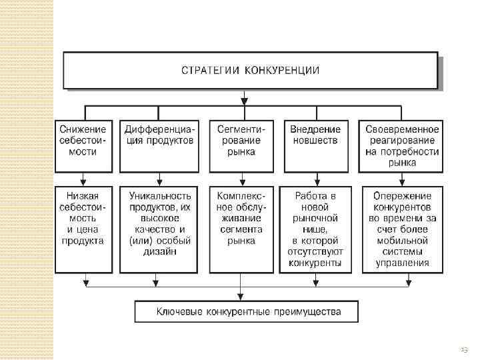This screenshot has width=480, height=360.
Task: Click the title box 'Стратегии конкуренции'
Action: click(251, 70)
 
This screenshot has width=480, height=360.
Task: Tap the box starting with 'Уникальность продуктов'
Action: click(159, 229)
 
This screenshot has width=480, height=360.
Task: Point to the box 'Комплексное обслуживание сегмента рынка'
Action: click(241, 229)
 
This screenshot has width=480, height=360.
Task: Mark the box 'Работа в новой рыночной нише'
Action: click(316, 229)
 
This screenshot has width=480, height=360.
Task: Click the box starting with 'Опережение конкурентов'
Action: click(402, 229)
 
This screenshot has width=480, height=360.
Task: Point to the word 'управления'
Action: click(402, 263)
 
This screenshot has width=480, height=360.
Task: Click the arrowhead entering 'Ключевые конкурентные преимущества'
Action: click(241, 297)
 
